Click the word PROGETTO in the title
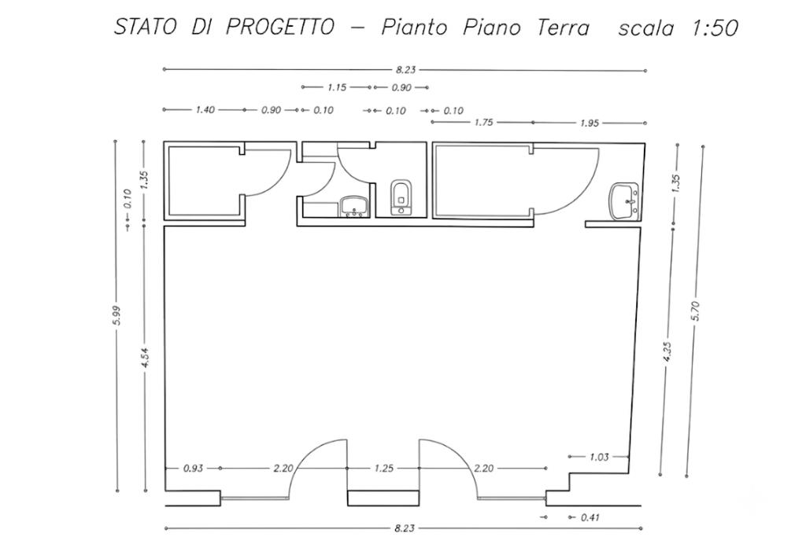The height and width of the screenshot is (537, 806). [280, 27]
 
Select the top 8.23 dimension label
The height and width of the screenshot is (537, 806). [405, 70]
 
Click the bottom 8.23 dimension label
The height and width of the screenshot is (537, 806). [405, 528]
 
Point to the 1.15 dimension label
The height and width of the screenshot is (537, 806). [337, 87]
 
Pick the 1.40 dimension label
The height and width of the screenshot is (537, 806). [205, 109]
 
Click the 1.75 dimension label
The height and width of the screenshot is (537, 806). [484, 122]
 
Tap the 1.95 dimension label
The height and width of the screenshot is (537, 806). [590, 123]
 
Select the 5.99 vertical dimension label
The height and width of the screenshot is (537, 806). [116, 315]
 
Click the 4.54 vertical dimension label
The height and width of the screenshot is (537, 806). [145, 357]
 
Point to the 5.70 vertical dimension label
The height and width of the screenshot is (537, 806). [696, 311]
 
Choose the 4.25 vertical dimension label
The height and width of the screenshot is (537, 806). [667, 352]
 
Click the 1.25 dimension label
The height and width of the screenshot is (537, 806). [384, 469]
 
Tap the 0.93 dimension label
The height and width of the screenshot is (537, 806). [194, 469]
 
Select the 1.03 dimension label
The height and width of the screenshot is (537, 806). [599, 456]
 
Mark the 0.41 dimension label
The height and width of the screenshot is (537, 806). [590, 517]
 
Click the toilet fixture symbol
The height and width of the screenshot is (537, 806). [401, 197]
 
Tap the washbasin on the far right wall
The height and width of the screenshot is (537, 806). [623, 202]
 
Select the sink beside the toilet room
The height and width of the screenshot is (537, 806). [353, 206]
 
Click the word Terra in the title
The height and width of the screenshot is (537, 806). [563, 28]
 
